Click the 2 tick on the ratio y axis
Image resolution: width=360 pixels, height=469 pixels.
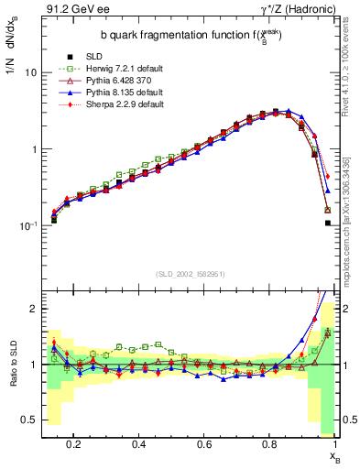(33, 309)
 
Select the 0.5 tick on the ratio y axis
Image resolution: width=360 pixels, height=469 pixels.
(29, 420)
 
